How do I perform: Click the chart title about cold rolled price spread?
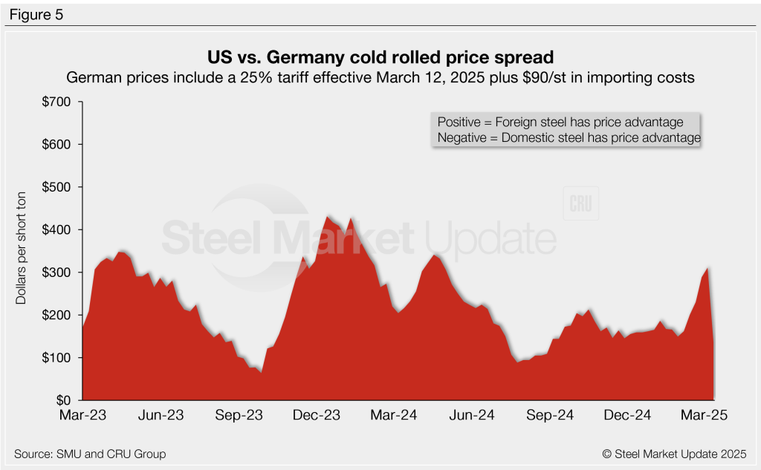pos(380,57)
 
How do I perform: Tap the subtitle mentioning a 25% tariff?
pos(380,77)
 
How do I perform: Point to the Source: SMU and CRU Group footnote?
pos(89,454)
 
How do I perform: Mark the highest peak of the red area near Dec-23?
pos(328,216)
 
